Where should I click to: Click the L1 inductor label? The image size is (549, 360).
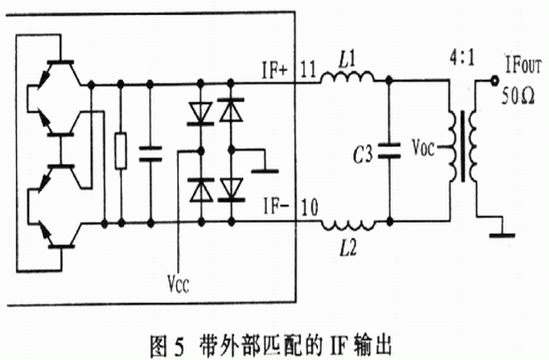(x=346, y=61)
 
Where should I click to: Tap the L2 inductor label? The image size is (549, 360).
(x=347, y=248)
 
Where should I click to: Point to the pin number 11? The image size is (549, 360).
(x=309, y=69)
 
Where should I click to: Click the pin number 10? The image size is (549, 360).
(x=310, y=207)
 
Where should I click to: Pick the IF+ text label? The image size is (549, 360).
(x=274, y=70)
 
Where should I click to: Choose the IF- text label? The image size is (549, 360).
(x=276, y=207)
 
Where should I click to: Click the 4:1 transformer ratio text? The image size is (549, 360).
(x=462, y=59)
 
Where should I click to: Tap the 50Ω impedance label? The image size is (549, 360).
(x=518, y=96)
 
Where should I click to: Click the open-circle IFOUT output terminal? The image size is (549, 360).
(x=494, y=81)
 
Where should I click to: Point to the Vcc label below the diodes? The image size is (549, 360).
(x=178, y=283)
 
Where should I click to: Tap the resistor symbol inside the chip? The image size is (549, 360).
(x=121, y=151)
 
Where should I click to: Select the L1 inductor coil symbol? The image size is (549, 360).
(x=347, y=78)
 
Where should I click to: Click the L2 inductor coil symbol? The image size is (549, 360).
(x=348, y=225)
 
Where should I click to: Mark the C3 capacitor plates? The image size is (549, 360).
(x=389, y=151)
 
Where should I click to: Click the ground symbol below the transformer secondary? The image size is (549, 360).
(x=502, y=232)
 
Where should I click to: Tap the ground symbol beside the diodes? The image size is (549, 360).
(x=265, y=171)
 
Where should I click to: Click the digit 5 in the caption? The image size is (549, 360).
(x=178, y=345)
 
